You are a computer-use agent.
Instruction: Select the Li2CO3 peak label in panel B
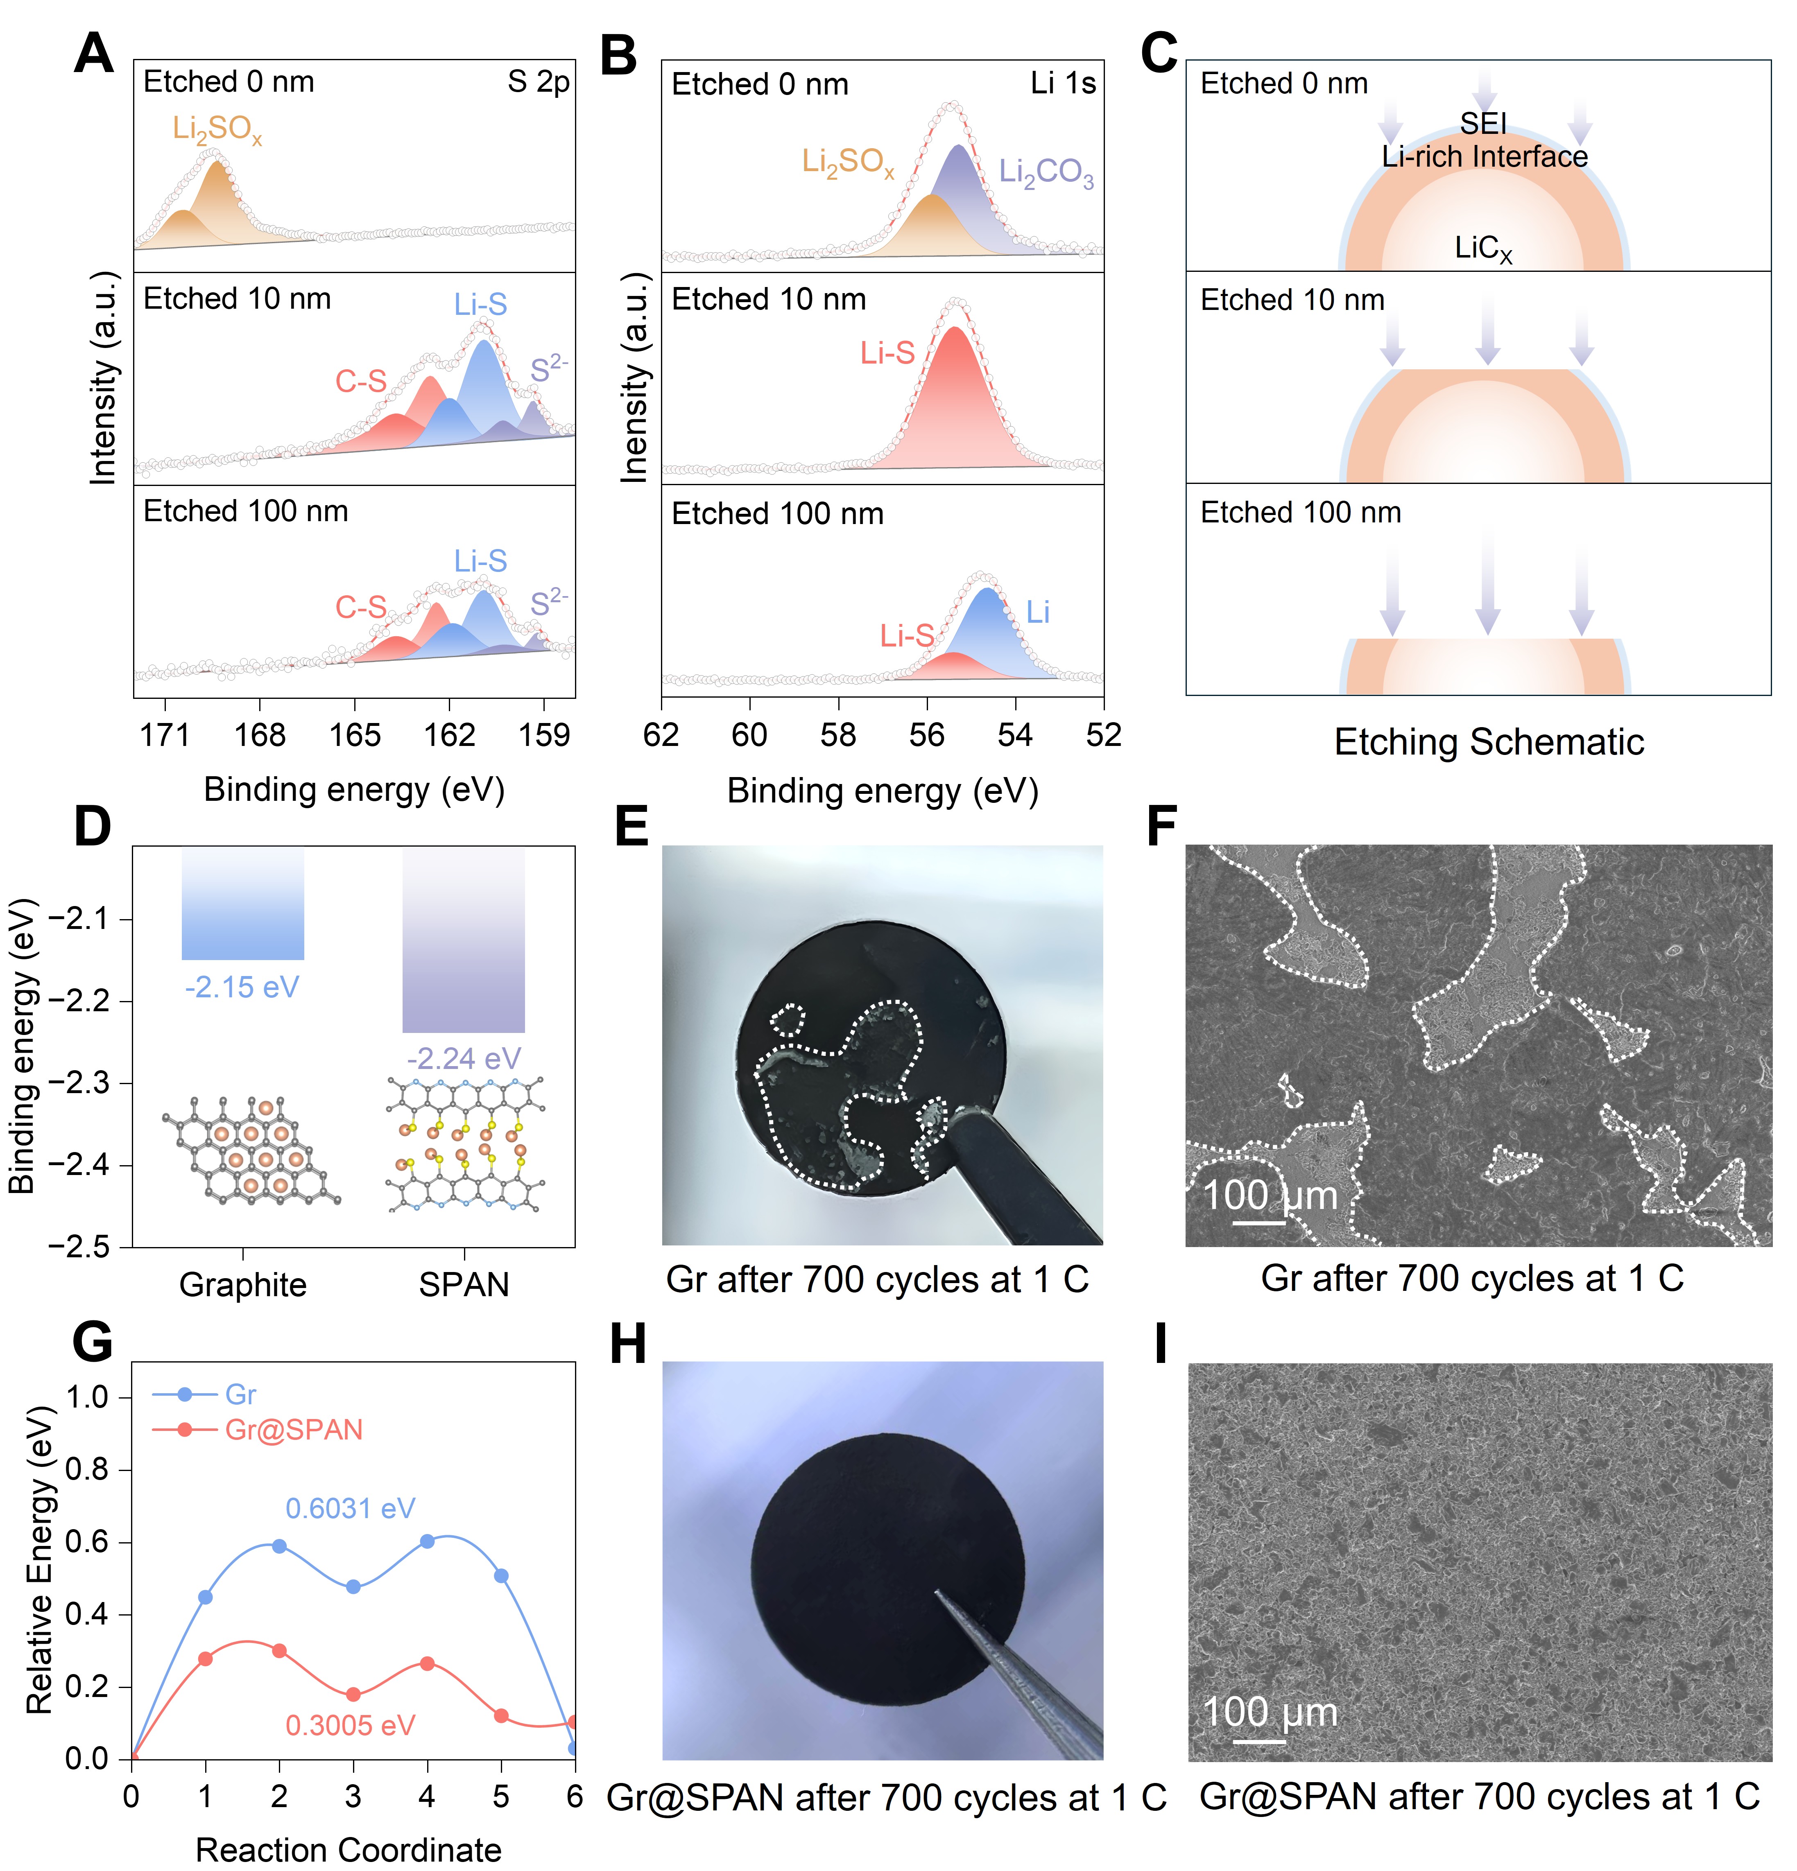[1046, 173]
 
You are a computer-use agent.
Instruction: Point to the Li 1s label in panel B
[1063, 84]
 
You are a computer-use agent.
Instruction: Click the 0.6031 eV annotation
[351, 1508]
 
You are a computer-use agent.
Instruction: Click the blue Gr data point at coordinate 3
[353, 1586]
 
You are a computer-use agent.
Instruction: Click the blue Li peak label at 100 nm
[1038, 612]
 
